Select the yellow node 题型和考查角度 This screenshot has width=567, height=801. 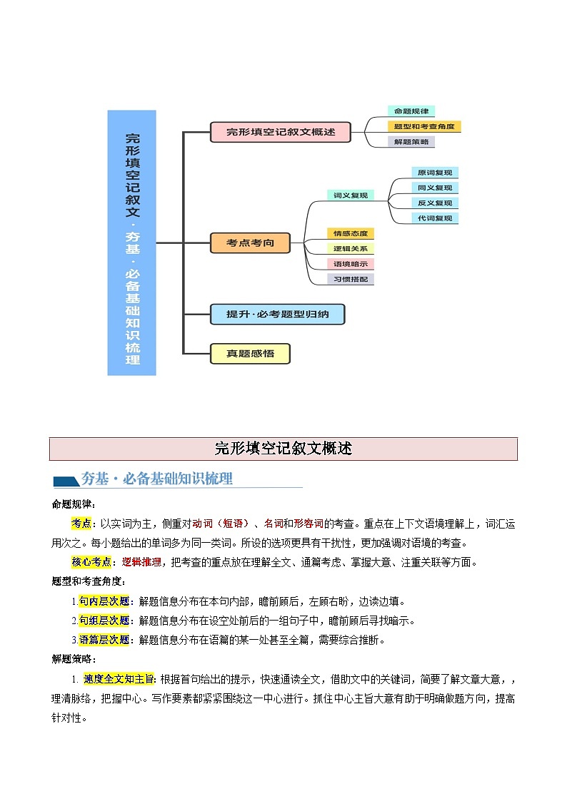[424, 126]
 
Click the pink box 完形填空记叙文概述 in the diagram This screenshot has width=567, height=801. [281, 132]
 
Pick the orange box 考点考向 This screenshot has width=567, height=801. [250, 243]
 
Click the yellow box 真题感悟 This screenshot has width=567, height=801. [250, 353]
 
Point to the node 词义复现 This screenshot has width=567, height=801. [350, 195]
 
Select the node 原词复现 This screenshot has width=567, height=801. [434, 173]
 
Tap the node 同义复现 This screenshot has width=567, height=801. [434, 188]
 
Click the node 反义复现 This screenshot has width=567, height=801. [434, 203]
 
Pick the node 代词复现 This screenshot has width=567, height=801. [434, 218]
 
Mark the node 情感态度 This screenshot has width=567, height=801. [350, 233]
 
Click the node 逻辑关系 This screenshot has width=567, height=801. [350, 249]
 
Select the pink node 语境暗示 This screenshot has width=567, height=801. [350, 264]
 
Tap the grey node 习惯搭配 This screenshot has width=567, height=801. [350, 280]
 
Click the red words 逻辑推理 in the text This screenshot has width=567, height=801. [141, 562]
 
